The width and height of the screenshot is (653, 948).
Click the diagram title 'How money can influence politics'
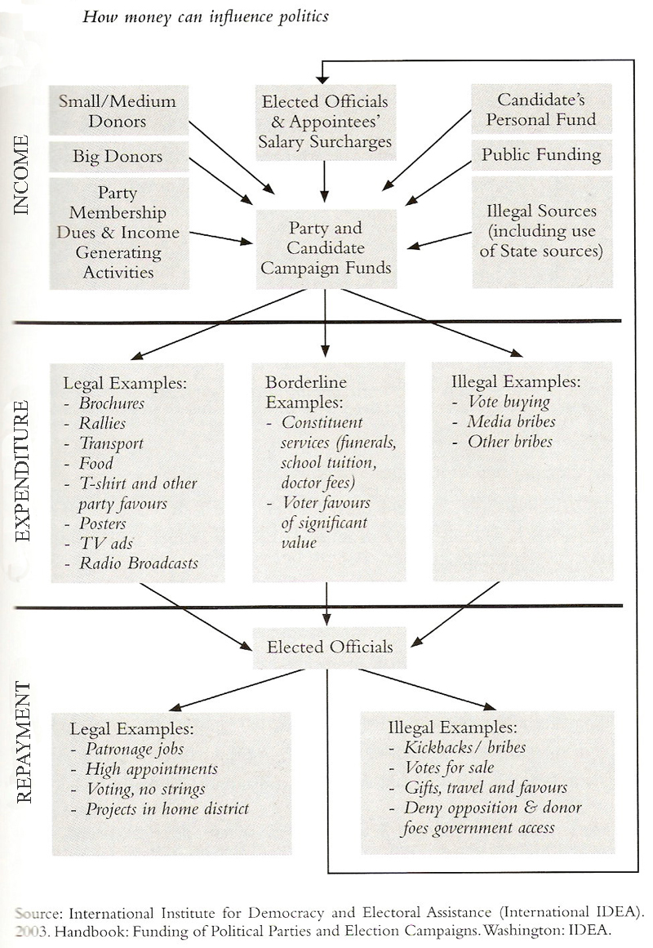click(x=206, y=16)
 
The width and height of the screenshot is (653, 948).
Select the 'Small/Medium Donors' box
click(x=118, y=111)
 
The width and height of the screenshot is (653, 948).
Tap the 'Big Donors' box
click(x=118, y=156)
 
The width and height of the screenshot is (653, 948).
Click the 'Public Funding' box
click(x=541, y=154)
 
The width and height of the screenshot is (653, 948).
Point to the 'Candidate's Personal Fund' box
click(x=541, y=109)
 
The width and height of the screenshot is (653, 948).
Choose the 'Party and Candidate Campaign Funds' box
click(x=326, y=248)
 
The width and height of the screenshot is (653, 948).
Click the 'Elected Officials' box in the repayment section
click(x=330, y=647)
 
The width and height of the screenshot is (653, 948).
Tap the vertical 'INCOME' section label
click(x=22, y=175)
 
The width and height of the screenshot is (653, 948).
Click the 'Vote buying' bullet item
click(x=509, y=402)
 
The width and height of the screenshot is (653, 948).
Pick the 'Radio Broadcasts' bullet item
click(x=138, y=563)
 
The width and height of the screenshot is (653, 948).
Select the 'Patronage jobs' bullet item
click(x=135, y=748)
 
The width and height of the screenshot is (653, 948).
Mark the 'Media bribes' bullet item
click(x=511, y=422)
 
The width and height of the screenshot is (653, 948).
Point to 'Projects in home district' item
click(x=167, y=809)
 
